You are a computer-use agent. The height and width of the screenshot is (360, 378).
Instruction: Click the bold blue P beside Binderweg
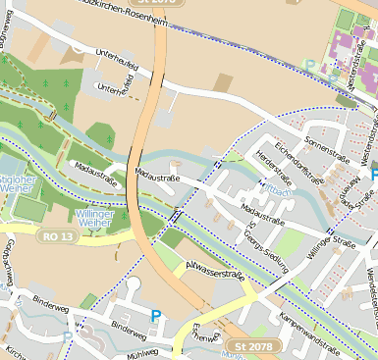(x=154, y=316)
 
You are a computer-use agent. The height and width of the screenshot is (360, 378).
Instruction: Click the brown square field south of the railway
(x=223, y=83)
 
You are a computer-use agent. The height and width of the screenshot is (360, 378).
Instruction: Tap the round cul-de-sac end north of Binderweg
(x=134, y=284)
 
